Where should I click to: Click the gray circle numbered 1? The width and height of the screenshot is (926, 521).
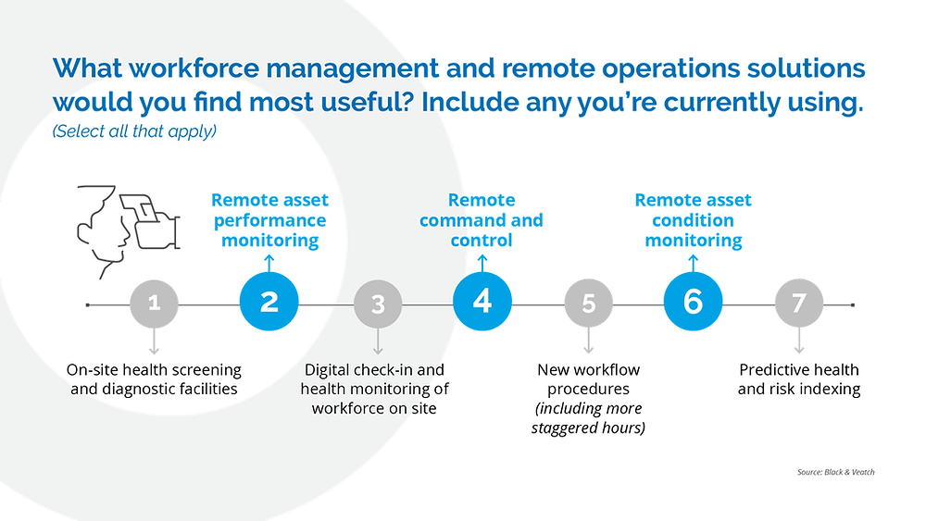click(x=154, y=304)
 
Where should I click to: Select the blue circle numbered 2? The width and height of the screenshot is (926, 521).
click(x=269, y=302)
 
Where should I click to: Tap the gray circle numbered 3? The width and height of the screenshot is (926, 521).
click(x=378, y=304)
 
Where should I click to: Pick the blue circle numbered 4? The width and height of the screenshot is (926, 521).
click(x=482, y=302)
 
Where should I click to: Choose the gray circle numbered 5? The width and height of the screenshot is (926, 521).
click(x=588, y=304)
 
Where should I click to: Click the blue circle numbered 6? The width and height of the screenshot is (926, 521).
click(x=694, y=302)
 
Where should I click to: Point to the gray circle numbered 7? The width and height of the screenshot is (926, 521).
click(x=799, y=304)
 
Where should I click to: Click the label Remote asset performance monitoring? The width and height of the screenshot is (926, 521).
click(x=269, y=220)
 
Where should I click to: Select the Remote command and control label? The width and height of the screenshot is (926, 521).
click(x=482, y=220)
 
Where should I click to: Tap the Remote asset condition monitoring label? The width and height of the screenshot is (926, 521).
click(x=694, y=220)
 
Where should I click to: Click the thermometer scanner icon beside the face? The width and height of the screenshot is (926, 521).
click(x=150, y=221)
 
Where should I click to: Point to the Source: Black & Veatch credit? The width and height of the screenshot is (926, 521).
click(x=835, y=472)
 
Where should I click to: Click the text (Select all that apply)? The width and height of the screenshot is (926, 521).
click(x=134, y=131)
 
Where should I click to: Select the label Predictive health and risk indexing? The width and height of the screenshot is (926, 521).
click(x=799, y=379)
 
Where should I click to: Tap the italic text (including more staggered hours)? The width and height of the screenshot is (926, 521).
click(x=588, y=417)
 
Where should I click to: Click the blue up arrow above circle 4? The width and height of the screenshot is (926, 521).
click(x=482, y=263)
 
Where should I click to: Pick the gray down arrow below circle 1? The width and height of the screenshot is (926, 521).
click(x=154, y=341)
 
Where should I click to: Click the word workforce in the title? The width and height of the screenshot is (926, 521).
click(x=194, y=68)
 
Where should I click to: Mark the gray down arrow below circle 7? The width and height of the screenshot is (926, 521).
click(x=799, y=341)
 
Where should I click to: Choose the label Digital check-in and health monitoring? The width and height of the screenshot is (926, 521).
click(x=374, y=389)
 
